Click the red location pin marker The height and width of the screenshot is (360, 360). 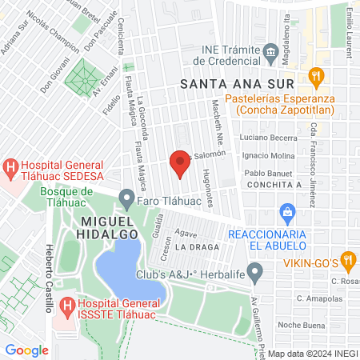180,165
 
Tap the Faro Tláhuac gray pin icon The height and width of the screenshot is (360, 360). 126,197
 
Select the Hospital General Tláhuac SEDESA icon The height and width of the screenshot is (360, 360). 10,168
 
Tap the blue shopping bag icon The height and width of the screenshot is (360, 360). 286,212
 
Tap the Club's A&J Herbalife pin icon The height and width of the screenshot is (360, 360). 255,275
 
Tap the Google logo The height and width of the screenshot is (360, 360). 26,350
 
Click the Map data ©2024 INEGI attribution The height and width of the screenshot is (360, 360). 312,354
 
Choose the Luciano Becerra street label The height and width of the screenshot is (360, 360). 274,138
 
